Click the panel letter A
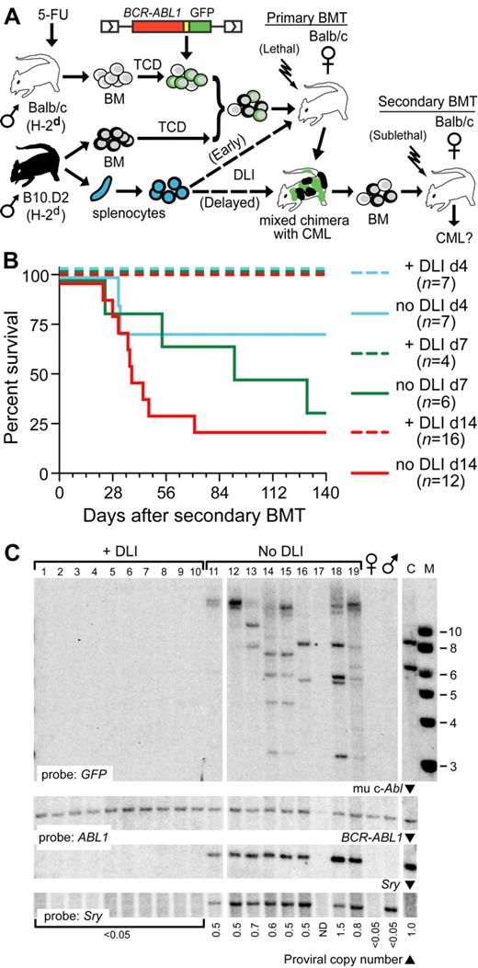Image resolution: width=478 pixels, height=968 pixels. (x=11, y=11)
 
